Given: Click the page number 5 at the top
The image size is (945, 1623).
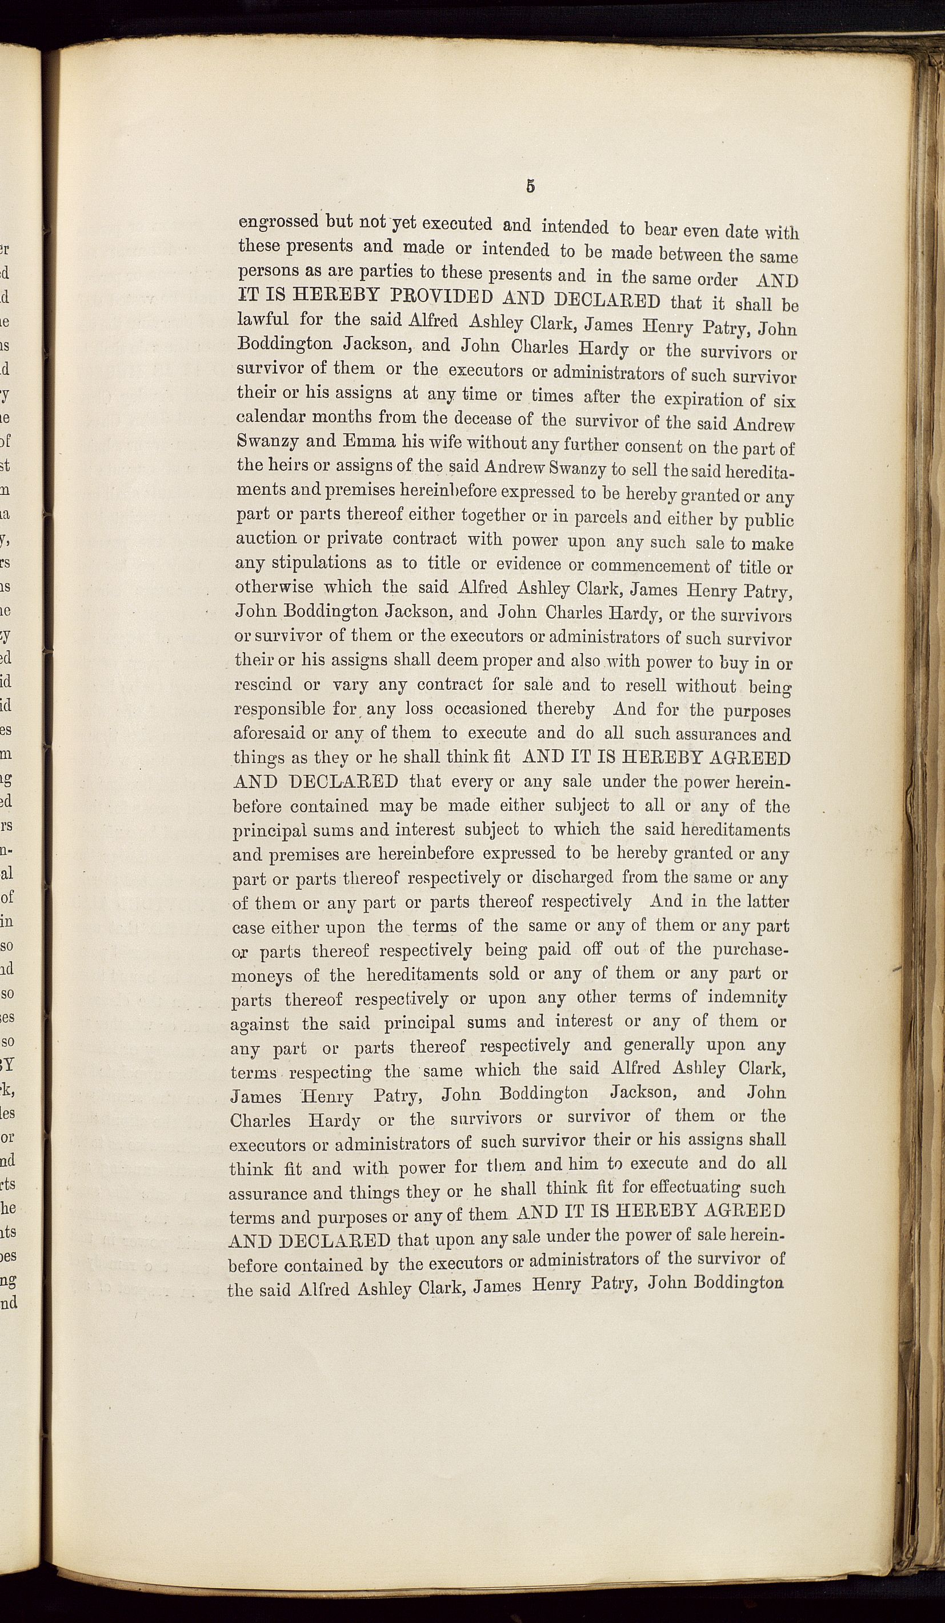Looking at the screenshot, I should [530, 187].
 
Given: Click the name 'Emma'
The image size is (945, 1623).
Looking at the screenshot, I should [372, 442].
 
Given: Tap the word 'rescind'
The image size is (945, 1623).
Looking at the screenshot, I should [263, 684].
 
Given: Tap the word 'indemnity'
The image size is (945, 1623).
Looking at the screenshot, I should [747, 997].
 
